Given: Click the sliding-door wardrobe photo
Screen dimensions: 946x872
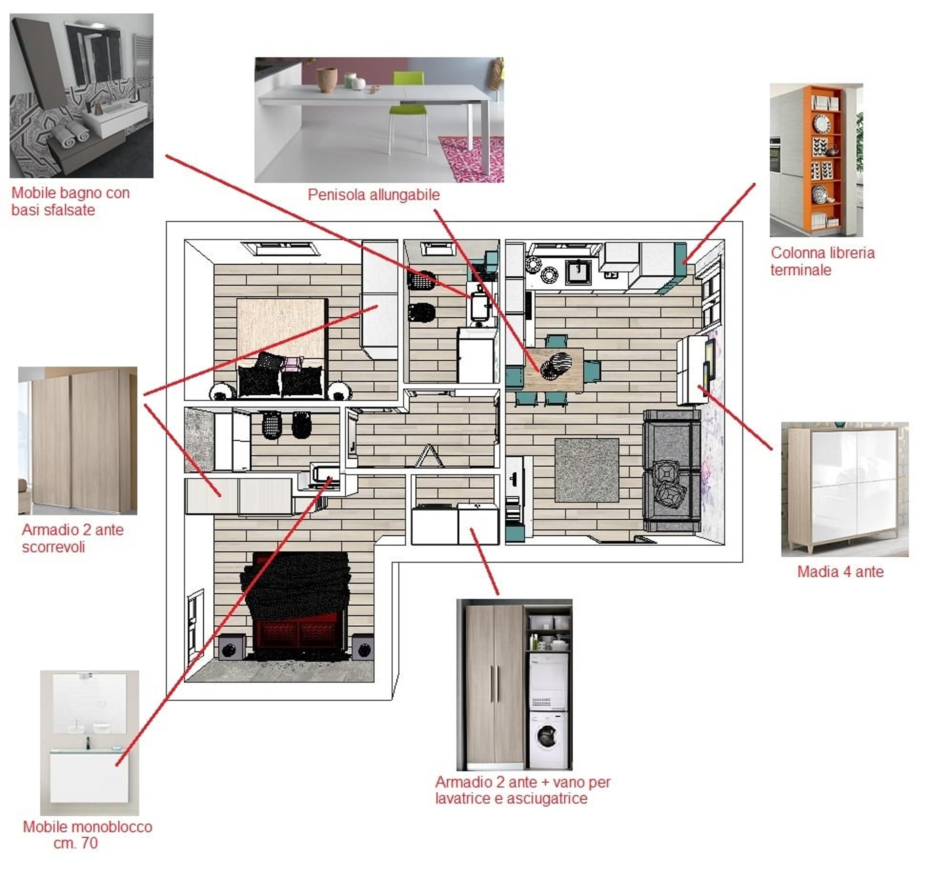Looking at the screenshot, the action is tap(78, 441).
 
